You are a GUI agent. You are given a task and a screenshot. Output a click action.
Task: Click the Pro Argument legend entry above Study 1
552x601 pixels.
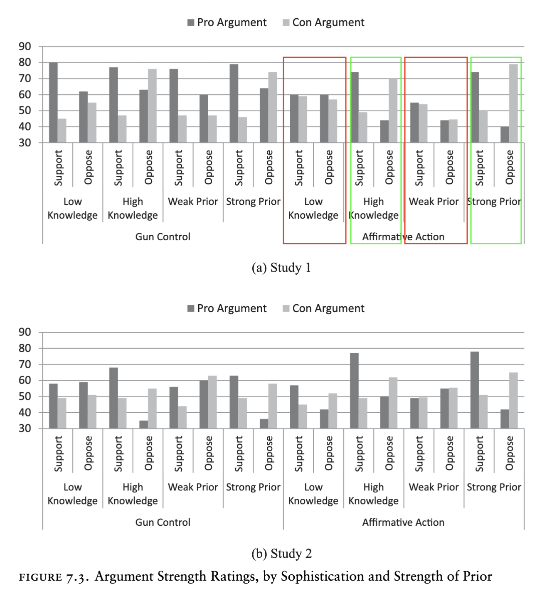(227, 22)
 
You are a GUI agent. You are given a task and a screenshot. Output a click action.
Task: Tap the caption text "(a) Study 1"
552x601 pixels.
(281, 268)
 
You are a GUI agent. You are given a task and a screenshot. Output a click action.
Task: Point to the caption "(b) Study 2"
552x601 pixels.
(281, 554)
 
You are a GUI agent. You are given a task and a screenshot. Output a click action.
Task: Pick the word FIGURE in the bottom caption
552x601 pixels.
(40, 577)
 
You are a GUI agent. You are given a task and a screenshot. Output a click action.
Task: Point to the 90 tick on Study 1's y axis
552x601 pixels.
(25, 47)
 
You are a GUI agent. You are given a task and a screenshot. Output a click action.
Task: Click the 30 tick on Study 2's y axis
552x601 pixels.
(25, 429)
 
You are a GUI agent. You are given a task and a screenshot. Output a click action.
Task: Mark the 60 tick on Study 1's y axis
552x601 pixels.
(25, 95)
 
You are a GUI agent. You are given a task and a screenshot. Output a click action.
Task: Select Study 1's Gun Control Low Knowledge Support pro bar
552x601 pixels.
(53, 103)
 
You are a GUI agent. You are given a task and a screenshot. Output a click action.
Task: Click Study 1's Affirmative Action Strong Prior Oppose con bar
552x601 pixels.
(513, 103)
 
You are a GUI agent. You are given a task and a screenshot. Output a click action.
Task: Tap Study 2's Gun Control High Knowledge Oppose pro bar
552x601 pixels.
(143, 424)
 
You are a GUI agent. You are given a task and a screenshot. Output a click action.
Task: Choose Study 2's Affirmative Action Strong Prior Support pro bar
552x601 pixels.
(475, 390)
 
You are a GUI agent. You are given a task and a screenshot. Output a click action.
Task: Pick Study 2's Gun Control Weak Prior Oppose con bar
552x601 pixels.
(212, 402)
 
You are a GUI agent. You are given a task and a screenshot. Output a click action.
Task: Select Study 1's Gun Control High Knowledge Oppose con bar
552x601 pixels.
(152, 106)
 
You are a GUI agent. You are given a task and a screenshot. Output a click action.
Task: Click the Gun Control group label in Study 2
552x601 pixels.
(163, 522)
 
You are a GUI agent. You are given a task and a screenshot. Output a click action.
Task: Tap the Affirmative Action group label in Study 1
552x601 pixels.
(403, 237)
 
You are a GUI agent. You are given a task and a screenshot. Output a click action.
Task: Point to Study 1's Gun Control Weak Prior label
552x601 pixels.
(193, 202)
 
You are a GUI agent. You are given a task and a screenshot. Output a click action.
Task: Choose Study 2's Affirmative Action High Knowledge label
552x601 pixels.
(373, 494)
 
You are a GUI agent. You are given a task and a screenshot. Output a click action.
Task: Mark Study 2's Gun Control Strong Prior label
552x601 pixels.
(253, 487)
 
